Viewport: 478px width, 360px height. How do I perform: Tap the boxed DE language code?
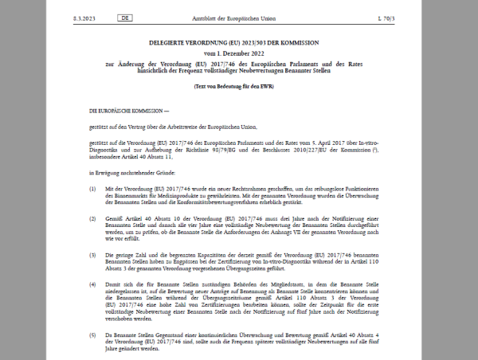click(125, 17)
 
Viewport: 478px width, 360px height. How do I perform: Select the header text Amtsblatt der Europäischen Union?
click(238, 17)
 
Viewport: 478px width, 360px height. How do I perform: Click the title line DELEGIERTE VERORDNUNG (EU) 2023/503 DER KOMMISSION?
click(239, 44)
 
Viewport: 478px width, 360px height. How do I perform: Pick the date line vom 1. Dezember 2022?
click(239, 53)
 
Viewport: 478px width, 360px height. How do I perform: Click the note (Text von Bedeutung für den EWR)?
click(239, 85)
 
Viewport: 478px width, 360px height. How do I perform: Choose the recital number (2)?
click(92, 216)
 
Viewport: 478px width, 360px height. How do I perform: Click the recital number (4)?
click(92, 285)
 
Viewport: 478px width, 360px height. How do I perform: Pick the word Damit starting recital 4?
click(114, 285)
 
